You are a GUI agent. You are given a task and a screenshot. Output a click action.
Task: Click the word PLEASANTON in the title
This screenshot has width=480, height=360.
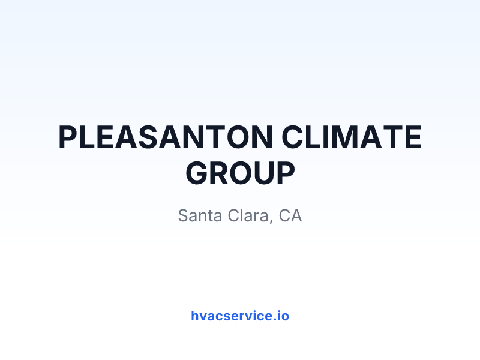point(166,137)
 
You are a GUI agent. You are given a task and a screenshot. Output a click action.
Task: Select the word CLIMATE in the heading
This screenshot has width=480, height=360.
point(352,137)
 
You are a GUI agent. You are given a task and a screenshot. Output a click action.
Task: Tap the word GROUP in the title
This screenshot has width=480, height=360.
point(241,173)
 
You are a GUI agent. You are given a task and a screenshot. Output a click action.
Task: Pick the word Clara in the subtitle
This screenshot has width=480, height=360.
point(248,215)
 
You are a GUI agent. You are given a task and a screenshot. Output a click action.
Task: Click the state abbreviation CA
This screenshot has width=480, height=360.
point(290,215)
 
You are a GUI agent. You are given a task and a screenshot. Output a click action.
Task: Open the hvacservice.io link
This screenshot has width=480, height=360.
point(240,316)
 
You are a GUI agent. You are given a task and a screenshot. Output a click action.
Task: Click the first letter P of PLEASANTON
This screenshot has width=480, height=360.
point(68,137)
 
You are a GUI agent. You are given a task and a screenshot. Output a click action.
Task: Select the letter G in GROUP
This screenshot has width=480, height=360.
point(197,173)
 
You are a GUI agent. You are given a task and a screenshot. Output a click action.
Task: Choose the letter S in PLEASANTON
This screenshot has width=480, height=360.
point(149,137)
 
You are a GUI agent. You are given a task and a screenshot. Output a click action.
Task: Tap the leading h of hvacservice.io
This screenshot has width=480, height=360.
point(195,316)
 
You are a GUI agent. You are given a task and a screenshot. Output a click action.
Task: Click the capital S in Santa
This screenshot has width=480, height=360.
point(184,215)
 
